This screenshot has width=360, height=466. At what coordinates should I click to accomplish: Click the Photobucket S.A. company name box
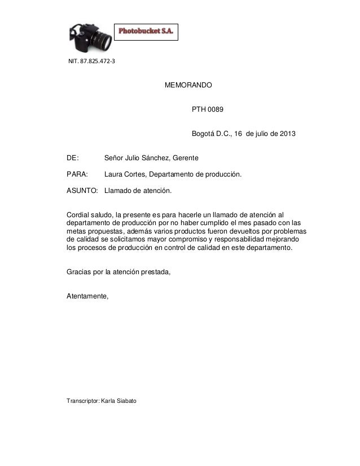point(147,33)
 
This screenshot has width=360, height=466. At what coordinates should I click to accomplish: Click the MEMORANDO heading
point(188,86)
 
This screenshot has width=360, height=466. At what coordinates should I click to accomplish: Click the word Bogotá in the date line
point(204,134)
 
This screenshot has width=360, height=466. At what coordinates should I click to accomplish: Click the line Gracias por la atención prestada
point(118,272)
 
